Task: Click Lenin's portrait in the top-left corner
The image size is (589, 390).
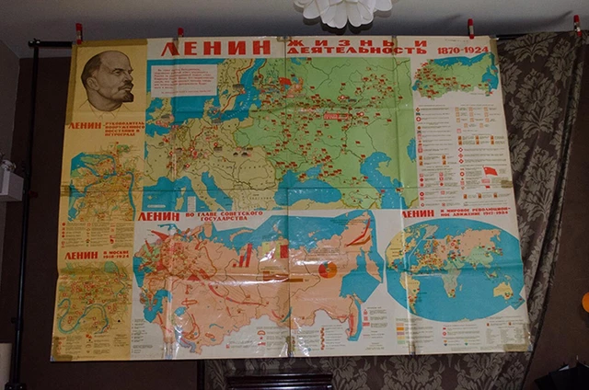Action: click(106, 81)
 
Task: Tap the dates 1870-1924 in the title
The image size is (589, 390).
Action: click(457, 48)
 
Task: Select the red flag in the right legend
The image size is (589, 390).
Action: click(491, 171)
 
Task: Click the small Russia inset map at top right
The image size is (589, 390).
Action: click(454, 78)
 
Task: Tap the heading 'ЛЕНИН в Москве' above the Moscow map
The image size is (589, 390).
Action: click(97, 255)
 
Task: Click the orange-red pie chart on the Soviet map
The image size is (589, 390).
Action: click(328, 270)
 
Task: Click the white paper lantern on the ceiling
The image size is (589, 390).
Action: click(342, 11)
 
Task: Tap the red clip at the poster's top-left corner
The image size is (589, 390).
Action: click(79, 34)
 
